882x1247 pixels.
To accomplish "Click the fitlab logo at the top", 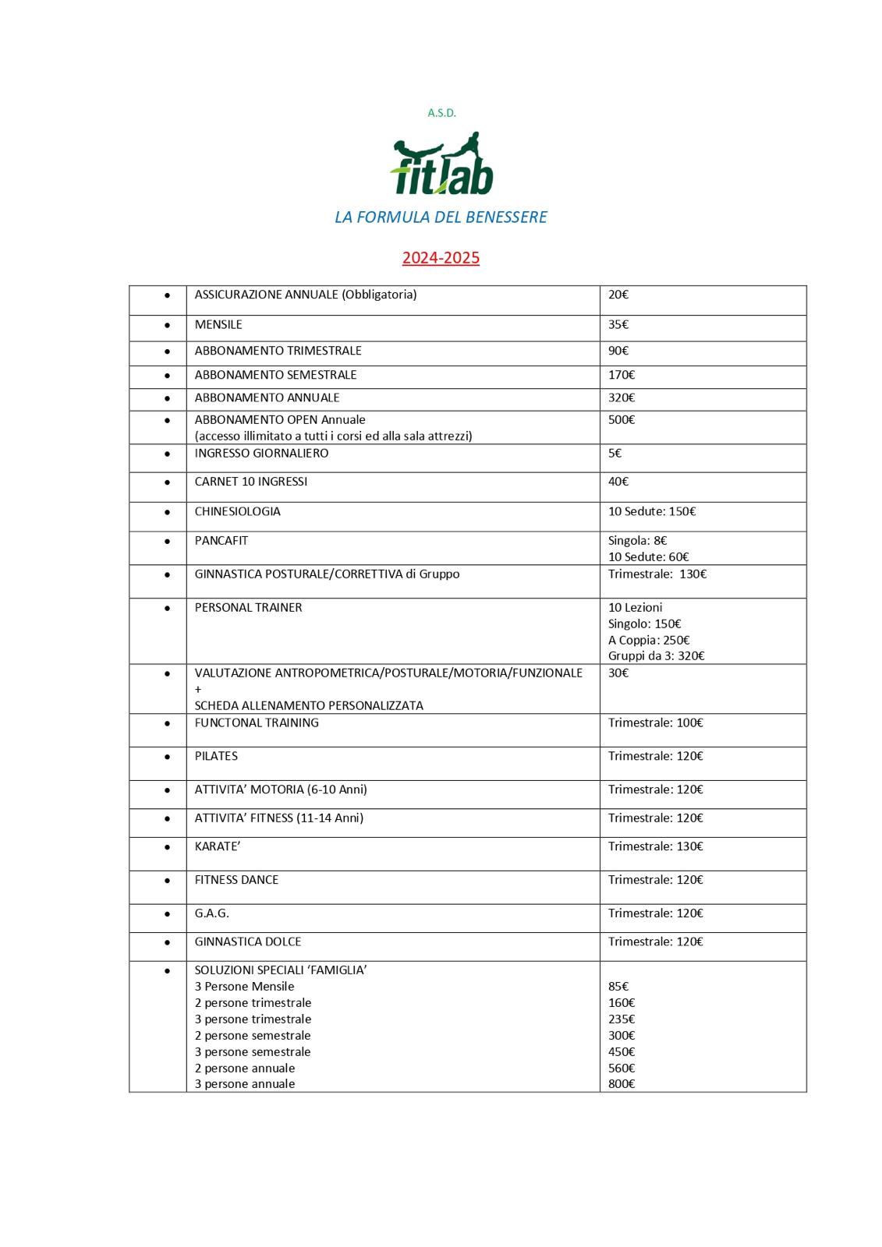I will (x=441, y=164).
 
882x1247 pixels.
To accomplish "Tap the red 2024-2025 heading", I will (x=441, y=258).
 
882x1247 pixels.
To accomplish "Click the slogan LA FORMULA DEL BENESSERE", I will (x=441, y=217).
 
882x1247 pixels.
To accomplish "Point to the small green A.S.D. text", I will (x=441, y=113).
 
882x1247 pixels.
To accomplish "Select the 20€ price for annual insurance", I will (x=618, y=295).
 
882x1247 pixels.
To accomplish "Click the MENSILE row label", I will (x=218, y=324).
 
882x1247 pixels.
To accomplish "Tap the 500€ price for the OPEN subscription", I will (x=622, y=419).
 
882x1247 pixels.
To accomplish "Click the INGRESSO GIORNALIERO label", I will (x=261, y=453).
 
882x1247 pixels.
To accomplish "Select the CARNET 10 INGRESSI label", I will (x=251, y=482).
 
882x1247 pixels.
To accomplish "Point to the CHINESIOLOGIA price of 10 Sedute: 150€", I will (x=652, y=511).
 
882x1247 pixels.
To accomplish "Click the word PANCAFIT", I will (x=221, y=540).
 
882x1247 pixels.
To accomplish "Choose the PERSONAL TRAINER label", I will (x=248, y=607).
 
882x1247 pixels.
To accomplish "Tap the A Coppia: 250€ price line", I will (x=649, y=640).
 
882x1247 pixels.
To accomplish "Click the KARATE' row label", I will (x=218, y=846).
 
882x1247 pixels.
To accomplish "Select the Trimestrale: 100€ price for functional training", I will (x=655, y=722).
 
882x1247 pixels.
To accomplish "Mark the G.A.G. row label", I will (x=212, y=913).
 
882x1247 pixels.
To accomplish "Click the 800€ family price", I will (x=622, y=1083).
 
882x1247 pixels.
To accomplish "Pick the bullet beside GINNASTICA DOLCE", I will (x=167, y=941).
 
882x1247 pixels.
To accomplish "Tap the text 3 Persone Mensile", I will (x=244, y=986).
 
